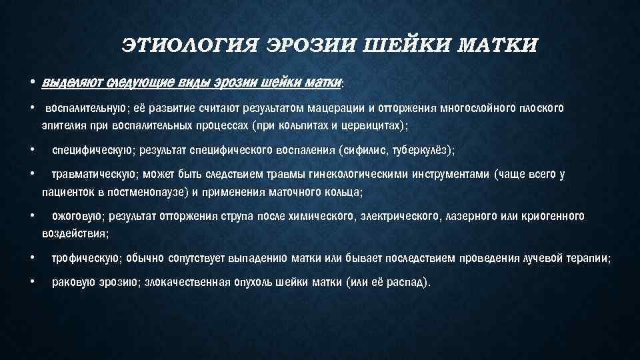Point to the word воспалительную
[x=82, y=108]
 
